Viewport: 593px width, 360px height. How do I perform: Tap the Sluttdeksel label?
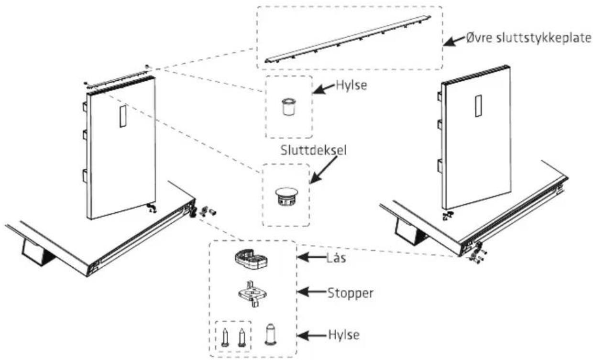313,150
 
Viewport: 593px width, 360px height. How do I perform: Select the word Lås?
336,257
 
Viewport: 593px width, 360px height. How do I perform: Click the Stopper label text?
351,294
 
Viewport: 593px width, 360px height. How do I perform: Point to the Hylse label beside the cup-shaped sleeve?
351,86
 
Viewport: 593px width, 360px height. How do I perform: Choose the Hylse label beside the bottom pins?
344,335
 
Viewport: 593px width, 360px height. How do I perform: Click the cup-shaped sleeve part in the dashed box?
288,107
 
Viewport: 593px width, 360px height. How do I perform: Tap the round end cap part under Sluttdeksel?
286,196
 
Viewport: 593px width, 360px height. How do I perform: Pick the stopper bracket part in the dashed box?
253,294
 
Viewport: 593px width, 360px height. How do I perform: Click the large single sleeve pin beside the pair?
271,334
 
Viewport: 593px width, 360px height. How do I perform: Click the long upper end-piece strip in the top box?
348,39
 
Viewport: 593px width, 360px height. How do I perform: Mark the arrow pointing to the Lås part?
312,257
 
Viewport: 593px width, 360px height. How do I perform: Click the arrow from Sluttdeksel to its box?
323,170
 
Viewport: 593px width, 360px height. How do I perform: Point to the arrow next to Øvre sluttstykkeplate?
454,41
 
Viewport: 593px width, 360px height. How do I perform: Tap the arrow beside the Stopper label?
312,292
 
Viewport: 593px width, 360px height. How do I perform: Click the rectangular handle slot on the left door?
123,116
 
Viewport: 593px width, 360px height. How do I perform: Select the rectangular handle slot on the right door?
478,106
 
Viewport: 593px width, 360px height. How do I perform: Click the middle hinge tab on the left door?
85,135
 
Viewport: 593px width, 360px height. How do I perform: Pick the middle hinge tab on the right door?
439,125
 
